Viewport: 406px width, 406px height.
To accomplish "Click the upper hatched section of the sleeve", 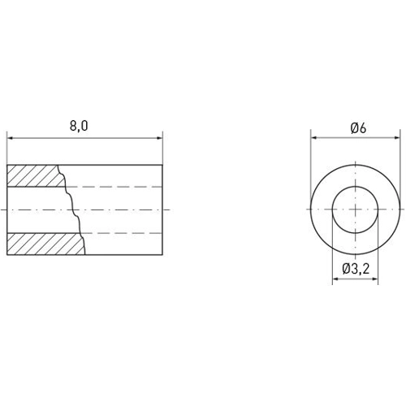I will pyautogui.click(x=32, y=175).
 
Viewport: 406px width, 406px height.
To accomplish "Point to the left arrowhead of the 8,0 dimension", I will pyautogui.click(x=11, y=138).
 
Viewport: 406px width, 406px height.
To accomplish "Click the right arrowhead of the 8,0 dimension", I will pyautogui.click(x=160, y=138).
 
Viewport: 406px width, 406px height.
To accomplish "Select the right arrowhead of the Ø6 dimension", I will pyautogui.click(x=400, y=138).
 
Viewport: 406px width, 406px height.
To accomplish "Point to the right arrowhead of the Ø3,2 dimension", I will pyautogui.click(x=378, y=280).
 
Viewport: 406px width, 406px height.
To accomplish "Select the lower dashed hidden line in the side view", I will pyautogui.click(x=122, y=233).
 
